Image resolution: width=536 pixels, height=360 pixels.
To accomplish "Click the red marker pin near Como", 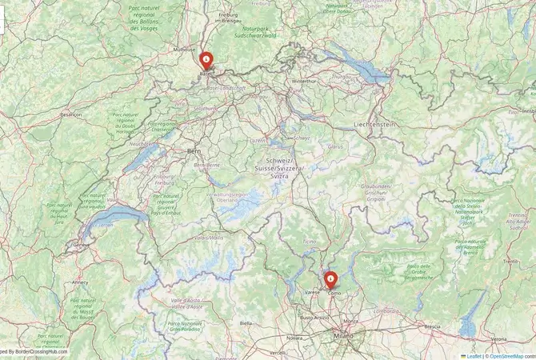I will [x=330, y=280].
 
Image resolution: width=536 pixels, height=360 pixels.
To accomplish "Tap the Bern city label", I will [x=193, y=150].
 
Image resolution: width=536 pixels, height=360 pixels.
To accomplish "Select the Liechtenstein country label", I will [x=374, y=126].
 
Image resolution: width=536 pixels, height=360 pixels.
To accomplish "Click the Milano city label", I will [x=343, y=338].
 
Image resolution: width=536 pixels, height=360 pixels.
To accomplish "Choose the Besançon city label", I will [x=71, y=114].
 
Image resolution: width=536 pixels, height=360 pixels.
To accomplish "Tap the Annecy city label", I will [x=79, y=282].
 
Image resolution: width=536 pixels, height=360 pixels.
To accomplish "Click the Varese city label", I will [x=312, y=294].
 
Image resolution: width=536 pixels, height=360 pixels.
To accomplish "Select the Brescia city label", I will [x=432, y=327].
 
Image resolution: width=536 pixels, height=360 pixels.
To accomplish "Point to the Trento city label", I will [x=511, y=262].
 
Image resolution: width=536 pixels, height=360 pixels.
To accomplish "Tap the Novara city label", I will [x=295, y=338].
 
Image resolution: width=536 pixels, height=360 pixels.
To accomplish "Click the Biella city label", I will [x=246, y=322].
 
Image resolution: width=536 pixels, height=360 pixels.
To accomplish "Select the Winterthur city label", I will [x=304, y=81].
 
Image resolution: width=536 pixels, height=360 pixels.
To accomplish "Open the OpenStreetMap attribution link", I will [x=511, y=355].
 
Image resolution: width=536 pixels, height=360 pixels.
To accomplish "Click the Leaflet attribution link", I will [x=473, y=355].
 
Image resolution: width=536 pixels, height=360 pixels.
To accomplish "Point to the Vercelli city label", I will [x=278, y=352].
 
